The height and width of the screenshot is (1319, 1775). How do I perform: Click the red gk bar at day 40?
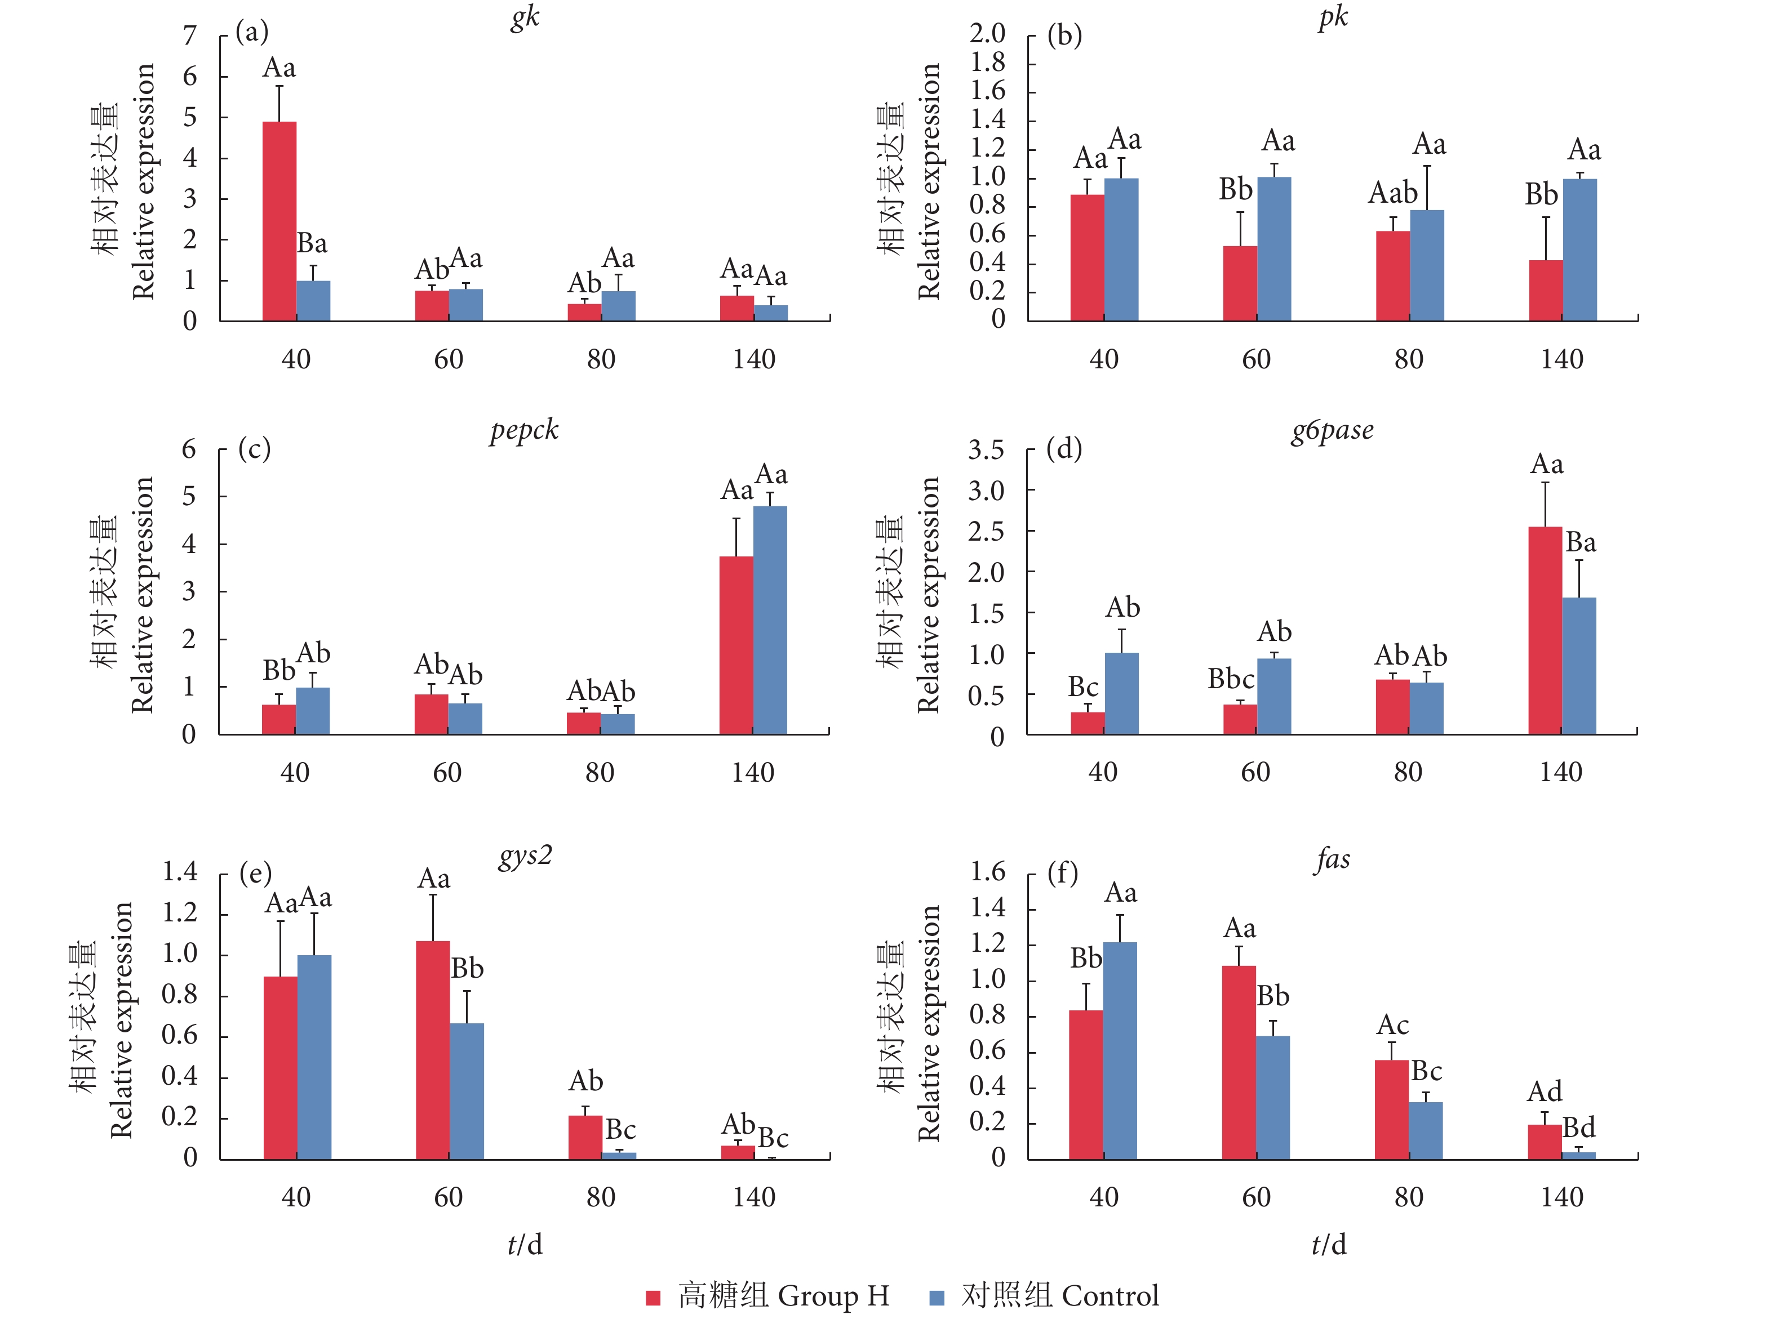[279, 221]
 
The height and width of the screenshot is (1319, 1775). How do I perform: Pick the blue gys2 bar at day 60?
[467, 1091]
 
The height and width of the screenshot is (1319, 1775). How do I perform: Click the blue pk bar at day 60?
[1273, 248]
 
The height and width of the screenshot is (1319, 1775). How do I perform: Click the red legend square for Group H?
[653, 1298]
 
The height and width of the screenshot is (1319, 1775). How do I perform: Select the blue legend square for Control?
[936, 1298]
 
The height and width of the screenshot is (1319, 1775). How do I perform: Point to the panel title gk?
[525, 17]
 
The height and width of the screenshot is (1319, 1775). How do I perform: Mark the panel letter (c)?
[254, 449]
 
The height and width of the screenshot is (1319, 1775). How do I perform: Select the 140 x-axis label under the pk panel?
[1561, 359]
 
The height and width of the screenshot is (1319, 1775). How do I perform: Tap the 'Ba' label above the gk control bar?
[312, 243]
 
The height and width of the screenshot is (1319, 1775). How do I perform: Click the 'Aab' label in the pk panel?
[1392, 193]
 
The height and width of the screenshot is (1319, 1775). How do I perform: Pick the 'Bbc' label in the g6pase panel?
[1230, 679]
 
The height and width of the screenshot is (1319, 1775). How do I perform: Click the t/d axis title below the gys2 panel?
[525, 1244]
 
